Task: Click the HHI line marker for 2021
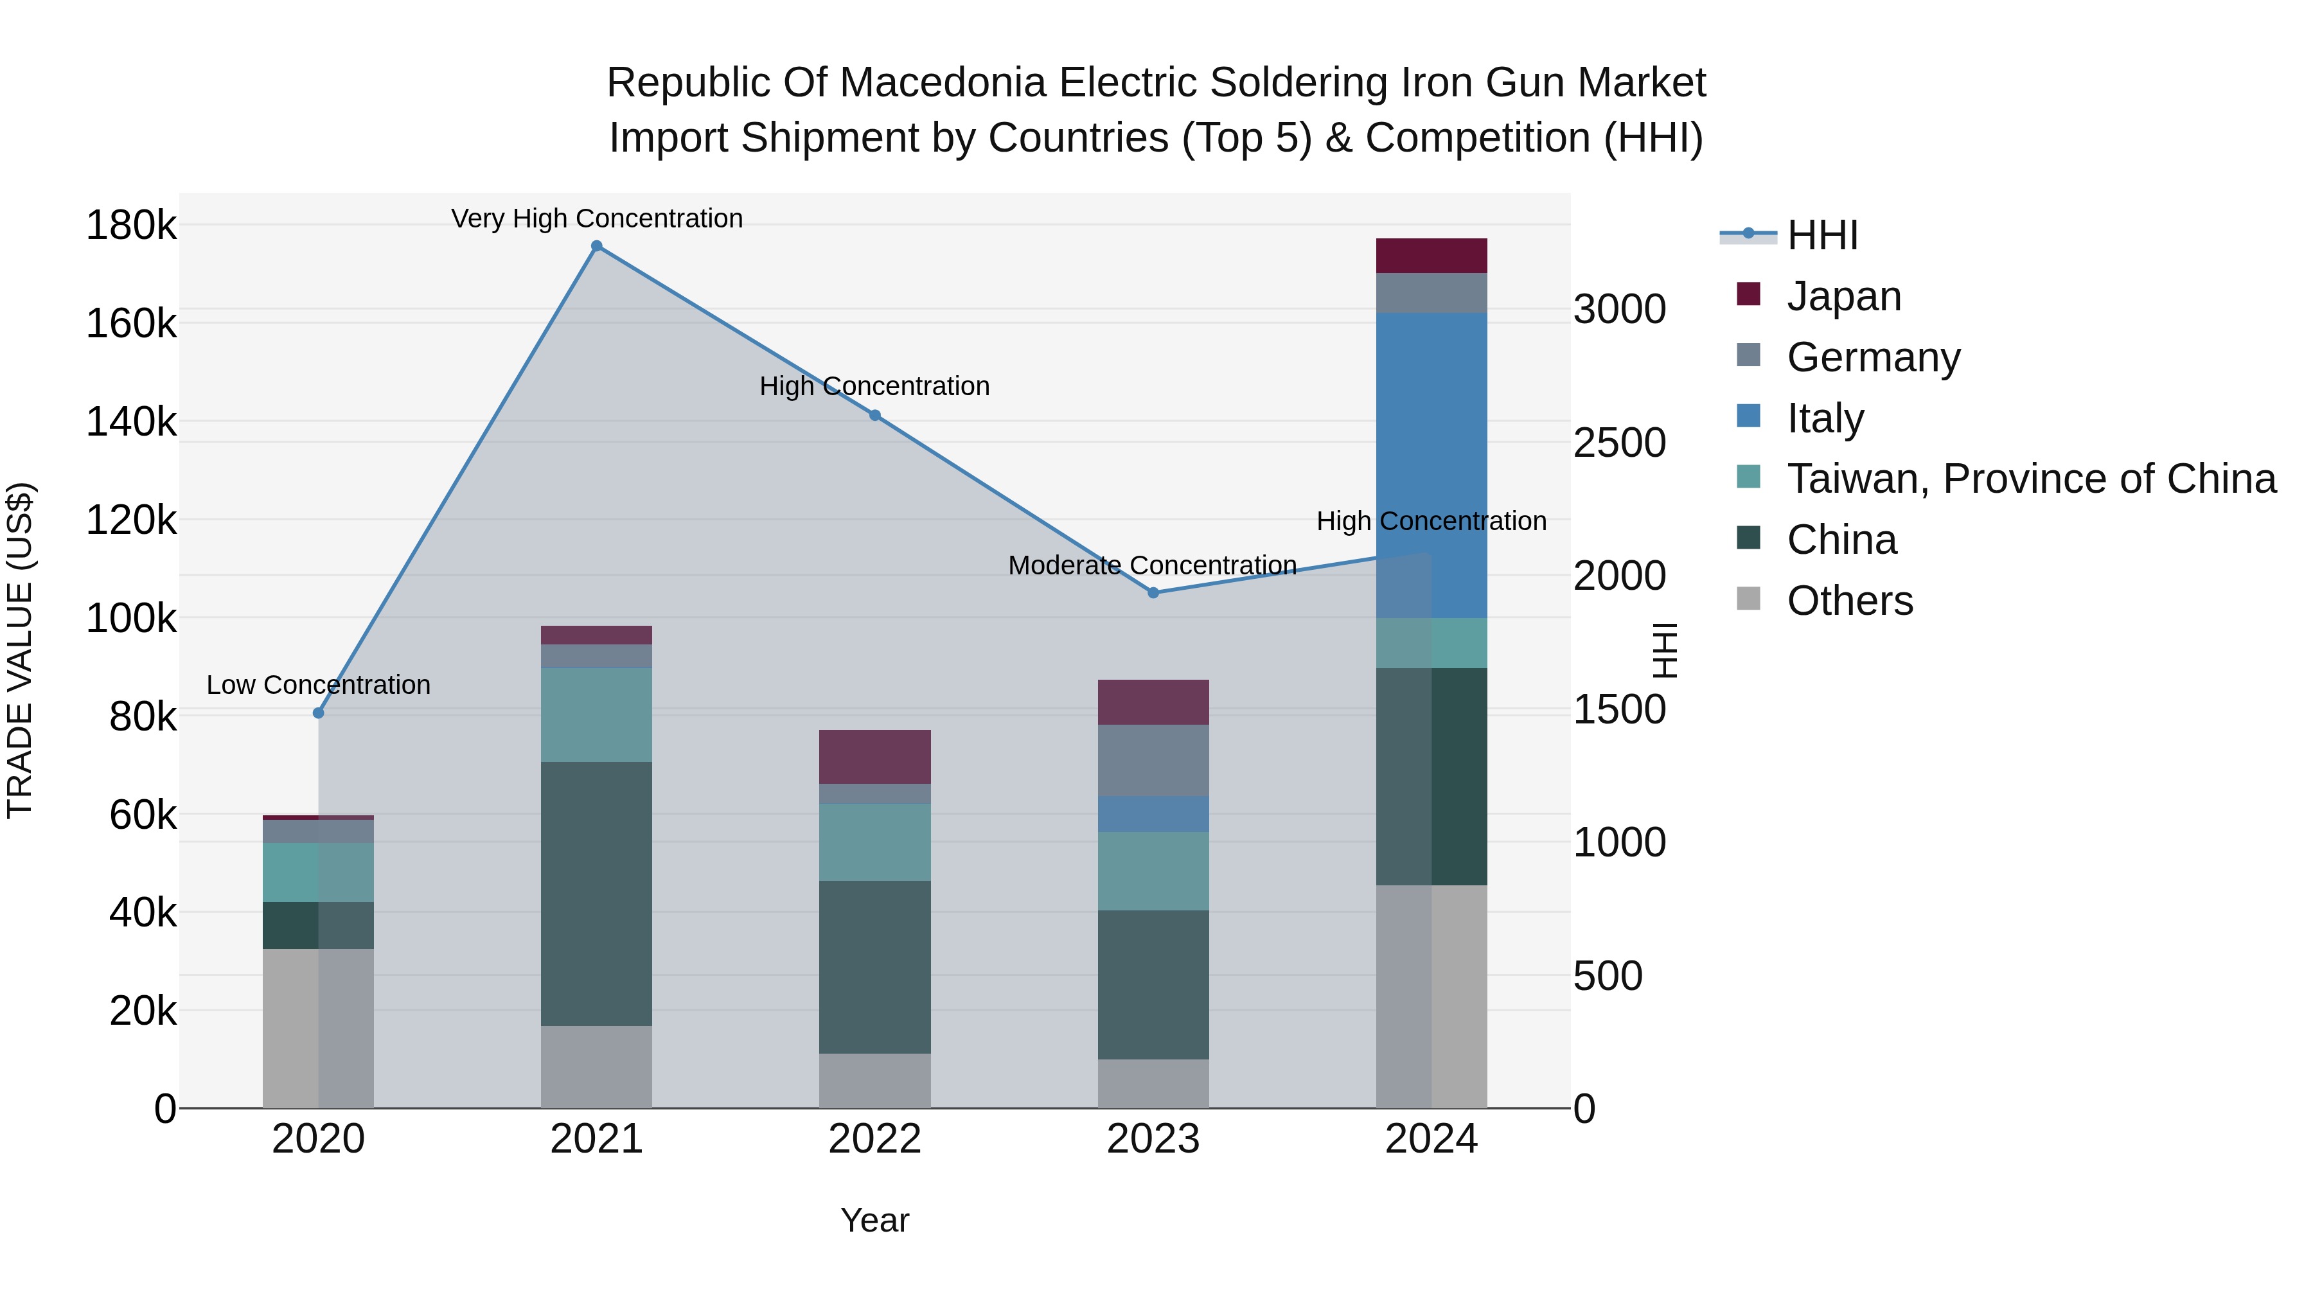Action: coord(596,246)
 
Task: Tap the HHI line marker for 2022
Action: coord(874,415)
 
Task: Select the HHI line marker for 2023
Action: coord(1153,592)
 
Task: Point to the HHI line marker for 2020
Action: coord(318,713)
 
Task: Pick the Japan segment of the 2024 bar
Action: coord(1431,256)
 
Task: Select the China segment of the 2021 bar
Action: coord(596,894)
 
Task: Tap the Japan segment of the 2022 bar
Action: coord(874,757)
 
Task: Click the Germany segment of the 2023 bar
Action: coord(1153,761)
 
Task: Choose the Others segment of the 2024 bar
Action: coord(1431,996)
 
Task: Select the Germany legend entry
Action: coord(1873,357)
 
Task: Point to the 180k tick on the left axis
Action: coord(131,224)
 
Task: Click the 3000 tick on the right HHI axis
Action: coord(1620,309)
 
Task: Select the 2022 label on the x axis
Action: coord(874,1139)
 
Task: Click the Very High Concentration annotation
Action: coord(597,218)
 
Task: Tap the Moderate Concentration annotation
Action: coord(1152,565)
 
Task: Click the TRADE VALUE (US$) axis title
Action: coord(20,650)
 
